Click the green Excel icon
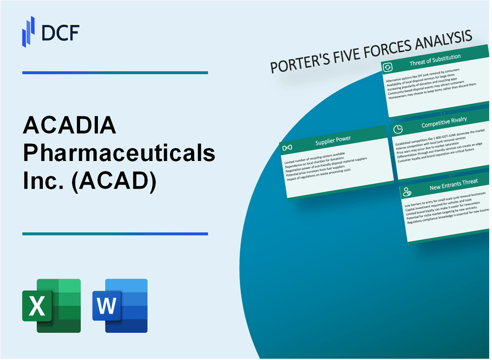(51, 305)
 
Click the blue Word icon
(120, 305)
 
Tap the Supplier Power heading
(333, 140)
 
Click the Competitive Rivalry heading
(444, 122)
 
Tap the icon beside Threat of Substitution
(387, 67)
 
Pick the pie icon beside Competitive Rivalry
(397, 129)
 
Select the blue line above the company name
(115, 72)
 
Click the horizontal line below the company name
(115, 233)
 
